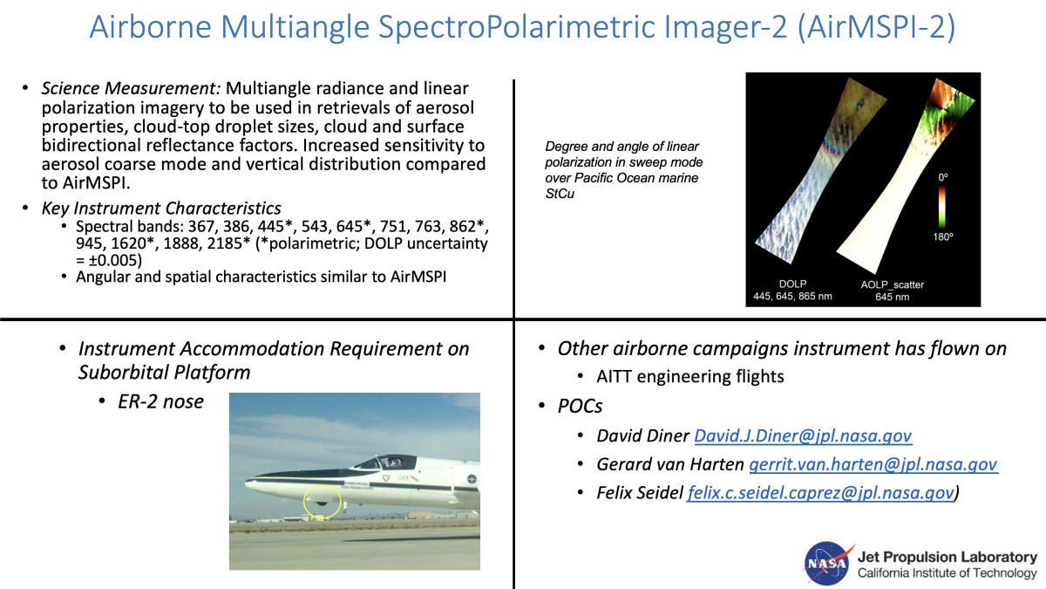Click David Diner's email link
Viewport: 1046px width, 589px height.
pyautogui.click(x=803, y=435)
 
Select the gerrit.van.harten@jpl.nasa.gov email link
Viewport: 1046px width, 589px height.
pyautogui.click(x=873, y=464)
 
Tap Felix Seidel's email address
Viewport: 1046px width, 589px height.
pyautogui.click(x=820, y=493)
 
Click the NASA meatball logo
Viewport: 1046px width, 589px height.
pyautogui.click(x=827, y=564)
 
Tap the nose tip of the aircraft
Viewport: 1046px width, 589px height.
pyautogui.click(x=247, y=482)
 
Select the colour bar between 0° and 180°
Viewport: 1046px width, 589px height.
pyautogui.click(x=942, y=207)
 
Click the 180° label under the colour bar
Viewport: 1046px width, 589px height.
pyautogui.click(x=943, y=237)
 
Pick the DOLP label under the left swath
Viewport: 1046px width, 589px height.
pyautogui.click(x=792, y=284)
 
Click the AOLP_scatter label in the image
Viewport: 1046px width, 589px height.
pyautogui.click(x=892, y=284)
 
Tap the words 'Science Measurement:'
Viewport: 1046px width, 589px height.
pyautogui.click(x=132, y=88)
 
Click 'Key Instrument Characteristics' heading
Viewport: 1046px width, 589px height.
pyautogui.click(x=161, y=208)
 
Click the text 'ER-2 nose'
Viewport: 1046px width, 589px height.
pyautogui.click(x=160, y=401)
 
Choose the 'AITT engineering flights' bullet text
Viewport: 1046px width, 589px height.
pyautogui.click(x=690, y=376)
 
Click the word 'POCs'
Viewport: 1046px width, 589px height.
pyautogui.click(x=580, y=406)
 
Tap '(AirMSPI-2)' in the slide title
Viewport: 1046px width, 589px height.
pyautogui.click(x=877, y=27)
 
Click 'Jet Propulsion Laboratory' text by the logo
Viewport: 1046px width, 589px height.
pyautogui.click(x=947, y=557)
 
